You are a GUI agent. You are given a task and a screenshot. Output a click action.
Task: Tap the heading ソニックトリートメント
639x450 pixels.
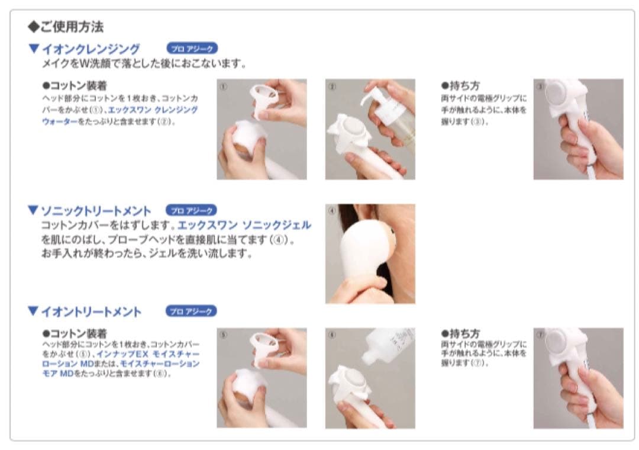pos(95,210)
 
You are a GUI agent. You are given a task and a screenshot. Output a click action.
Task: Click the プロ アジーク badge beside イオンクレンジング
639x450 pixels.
pos(192,49)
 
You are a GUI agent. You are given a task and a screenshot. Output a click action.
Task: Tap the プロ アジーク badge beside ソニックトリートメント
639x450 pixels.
pos(192,210)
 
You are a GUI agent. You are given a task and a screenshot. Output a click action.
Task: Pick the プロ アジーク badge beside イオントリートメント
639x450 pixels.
pos(192,311)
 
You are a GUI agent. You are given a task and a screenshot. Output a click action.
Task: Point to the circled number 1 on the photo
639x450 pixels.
pos(223,85)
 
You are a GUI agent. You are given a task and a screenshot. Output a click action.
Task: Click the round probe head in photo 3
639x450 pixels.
pos(557,95)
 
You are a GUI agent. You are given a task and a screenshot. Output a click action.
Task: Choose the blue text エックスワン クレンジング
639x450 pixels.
pos(157,110)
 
